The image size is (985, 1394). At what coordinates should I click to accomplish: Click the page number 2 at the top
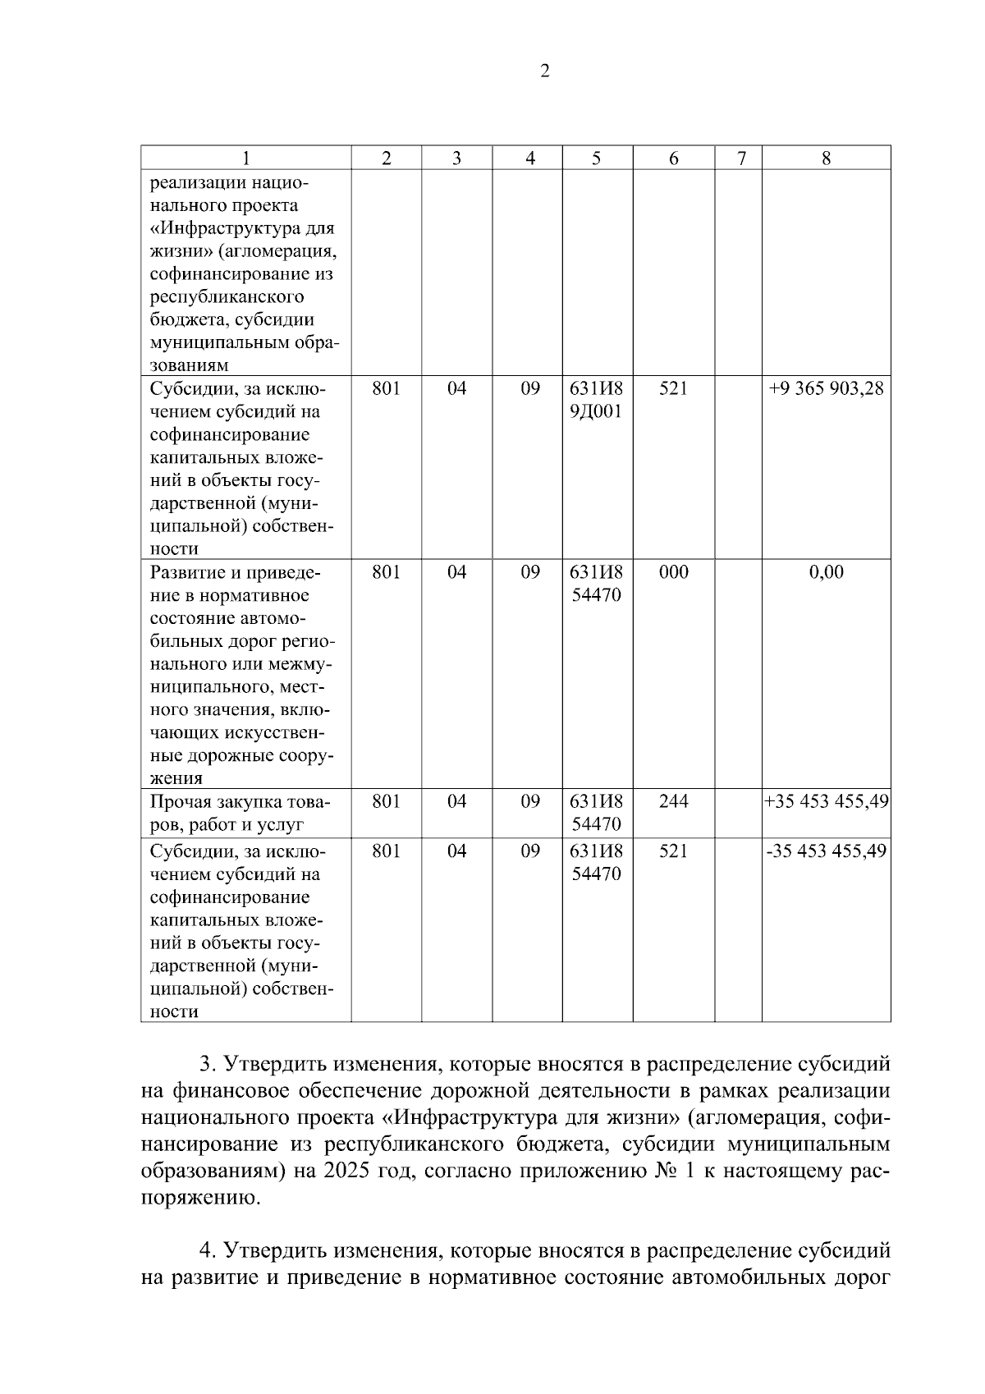pos(544,71)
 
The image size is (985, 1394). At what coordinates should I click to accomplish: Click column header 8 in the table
pos(826,158)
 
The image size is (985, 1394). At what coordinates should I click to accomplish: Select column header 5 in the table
pos(597,158)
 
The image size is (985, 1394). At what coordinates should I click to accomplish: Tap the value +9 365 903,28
pos(826,388)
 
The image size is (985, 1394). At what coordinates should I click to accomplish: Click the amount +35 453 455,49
pos(826,801)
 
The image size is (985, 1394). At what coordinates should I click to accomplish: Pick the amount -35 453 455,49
pos(826,851)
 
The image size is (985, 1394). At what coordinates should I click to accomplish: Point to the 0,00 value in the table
pos(826,572)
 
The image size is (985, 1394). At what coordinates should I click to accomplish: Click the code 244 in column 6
pos(673,801)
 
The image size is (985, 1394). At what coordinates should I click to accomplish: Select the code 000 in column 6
pos(673,572)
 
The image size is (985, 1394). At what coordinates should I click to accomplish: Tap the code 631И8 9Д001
pos(597,400)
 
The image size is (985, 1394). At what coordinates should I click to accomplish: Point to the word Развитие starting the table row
pos(189,572)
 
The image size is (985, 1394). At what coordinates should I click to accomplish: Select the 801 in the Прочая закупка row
pos(386,801)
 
